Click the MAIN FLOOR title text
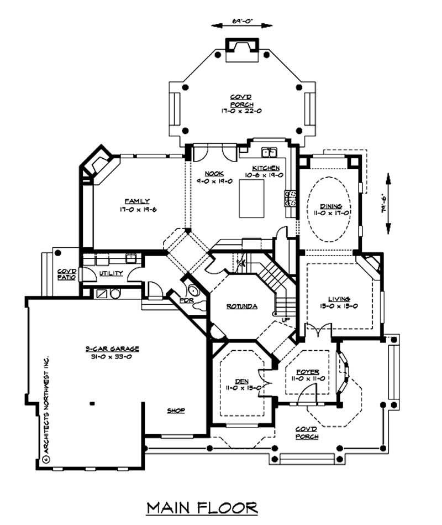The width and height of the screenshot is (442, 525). click(x=202, y=507)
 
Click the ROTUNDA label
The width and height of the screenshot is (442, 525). click(x=242, y=305)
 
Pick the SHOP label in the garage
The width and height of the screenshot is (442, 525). click(x=176, y=410)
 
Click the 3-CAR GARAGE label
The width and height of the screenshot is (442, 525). click(x=112, y=349)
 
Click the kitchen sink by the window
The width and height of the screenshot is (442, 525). click(x=269, y=152)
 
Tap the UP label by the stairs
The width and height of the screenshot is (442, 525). click(x=285, y=320)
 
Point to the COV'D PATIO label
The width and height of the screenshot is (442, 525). click(x=66, y=274)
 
